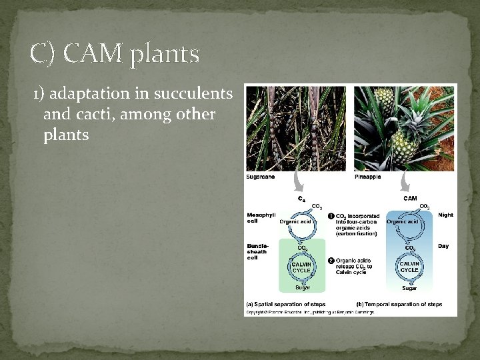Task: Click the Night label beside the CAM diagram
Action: coord(445,215)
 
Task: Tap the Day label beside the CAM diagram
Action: coord(443,246)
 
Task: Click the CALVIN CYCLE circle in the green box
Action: coord(302,267)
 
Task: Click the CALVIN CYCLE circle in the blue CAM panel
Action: coord(409,267)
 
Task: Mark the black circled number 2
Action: coord(331,260)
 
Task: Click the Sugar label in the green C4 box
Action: coord(302,287)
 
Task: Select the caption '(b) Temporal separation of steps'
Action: coord(399,304)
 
